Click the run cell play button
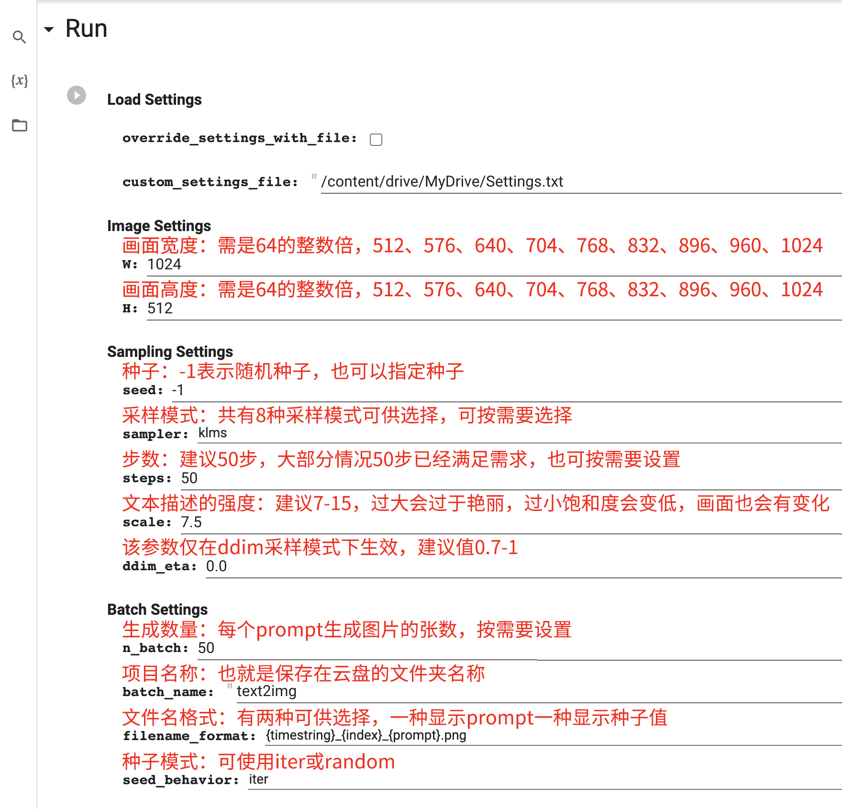point(77,95)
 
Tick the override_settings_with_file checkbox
point(376,139)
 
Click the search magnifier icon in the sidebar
point(19,37)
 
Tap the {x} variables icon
point(20,80)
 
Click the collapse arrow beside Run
point(49,30)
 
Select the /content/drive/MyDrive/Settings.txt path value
point(442,182)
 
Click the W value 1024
point(164,264)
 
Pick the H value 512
point(160,308)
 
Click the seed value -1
point(177,390)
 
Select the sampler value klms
point(212,432)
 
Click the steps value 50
point(189,478)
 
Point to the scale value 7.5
point(191,522)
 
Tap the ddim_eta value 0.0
point(216,566)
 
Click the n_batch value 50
point(206,648)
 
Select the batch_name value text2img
point(266,691)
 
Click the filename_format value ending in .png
point(366,735)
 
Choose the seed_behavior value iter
point(258,779)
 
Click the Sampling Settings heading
point(170,352)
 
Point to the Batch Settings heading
point(157,610)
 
